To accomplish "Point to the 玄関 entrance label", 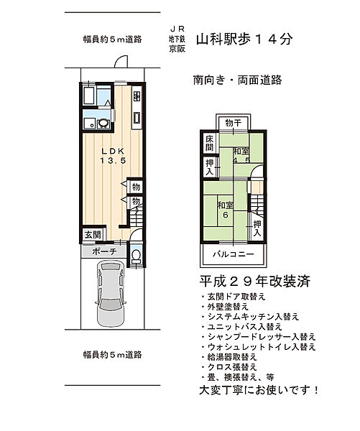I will [93, 235].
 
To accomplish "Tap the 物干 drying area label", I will [232, 123].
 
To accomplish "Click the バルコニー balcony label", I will [231, 255].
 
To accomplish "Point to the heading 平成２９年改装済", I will [254, 282].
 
